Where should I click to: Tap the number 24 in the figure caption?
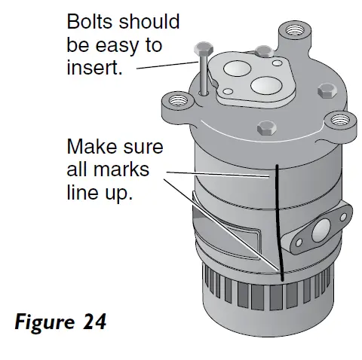[92, 322]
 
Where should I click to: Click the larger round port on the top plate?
[265, 84]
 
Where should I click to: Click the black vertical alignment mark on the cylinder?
[278, 218]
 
